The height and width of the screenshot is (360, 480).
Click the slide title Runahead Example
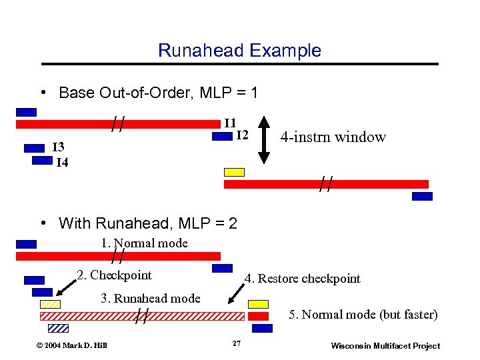pos(239,51)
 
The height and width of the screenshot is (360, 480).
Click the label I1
pos(229,123)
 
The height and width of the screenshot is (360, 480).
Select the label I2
pos(241,135)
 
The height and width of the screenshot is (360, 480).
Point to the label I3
pos(59,147)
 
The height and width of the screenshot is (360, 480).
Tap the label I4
pos(61,161)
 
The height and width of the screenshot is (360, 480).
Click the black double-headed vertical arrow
pos(264,139)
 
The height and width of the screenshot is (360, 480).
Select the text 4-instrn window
pos(333,137)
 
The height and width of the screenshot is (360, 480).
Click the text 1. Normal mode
pos(144,243)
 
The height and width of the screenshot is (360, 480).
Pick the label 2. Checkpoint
pos(114,275)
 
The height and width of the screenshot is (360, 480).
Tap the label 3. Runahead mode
pos(150,298)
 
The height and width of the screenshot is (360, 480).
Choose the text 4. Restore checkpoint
pos(302,278)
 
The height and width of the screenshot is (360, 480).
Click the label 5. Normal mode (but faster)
pos(363,314)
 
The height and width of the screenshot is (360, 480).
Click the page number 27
pos(236,343)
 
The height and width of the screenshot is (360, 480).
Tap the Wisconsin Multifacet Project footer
pos(385,345)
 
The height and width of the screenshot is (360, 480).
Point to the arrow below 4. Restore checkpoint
pos(237,291)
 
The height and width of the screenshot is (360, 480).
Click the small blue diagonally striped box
pos(58,328)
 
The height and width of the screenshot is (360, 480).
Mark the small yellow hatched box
pos(50,304)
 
